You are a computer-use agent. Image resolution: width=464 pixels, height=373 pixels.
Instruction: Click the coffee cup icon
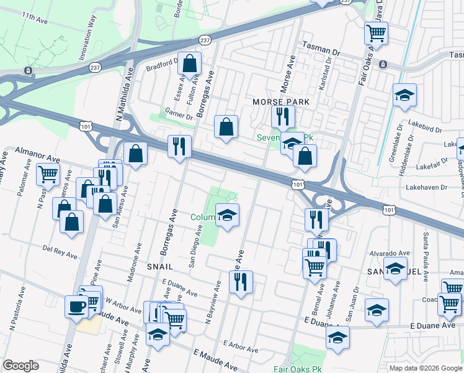point(77,307)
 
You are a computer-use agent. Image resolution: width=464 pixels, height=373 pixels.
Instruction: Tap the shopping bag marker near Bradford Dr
point(190,63)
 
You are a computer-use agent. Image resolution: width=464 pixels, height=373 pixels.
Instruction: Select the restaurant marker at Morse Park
point(282,116)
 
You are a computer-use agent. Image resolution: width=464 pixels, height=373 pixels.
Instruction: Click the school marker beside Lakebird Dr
point(404,96)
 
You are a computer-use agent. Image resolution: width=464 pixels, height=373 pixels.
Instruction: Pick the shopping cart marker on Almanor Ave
point(48,175)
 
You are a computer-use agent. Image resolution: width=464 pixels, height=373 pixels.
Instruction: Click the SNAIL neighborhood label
point(159,265)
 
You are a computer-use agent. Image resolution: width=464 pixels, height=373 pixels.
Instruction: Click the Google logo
point(21,365)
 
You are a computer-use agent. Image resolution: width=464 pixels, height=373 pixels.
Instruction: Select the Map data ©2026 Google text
point(425,368)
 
